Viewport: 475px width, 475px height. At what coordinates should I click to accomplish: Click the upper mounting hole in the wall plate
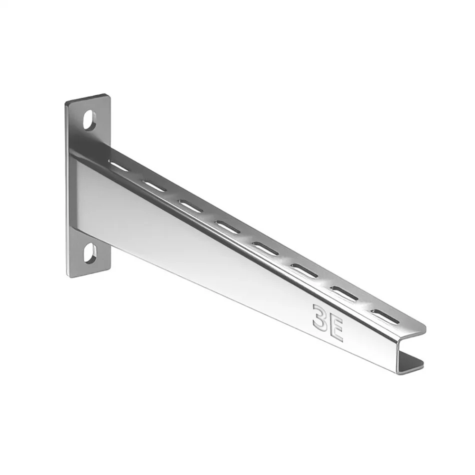pos(90,120)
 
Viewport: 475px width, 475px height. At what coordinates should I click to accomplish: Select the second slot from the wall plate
pos(154,185)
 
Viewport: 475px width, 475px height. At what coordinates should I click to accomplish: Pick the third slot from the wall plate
pos(190,205)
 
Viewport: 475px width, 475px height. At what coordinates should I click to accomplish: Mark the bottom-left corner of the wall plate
pos(68,274)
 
